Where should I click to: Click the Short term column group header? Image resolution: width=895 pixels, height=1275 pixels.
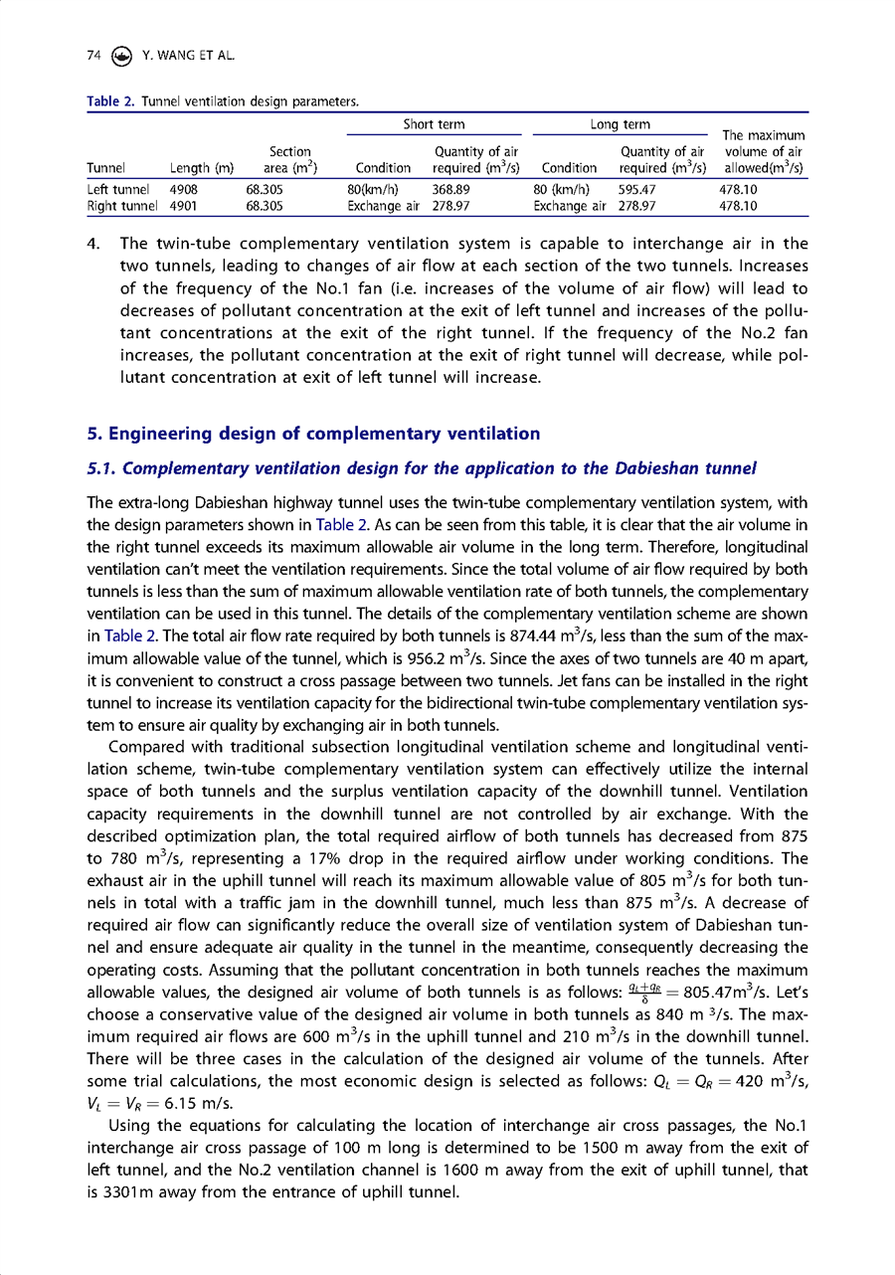pyautogui.click(x=434, y=124)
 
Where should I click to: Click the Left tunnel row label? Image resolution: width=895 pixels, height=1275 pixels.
pyautogui.click(x=117, y=188)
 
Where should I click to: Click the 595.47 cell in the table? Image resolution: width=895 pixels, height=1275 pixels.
pyautogui.click(x=637, y=188)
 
